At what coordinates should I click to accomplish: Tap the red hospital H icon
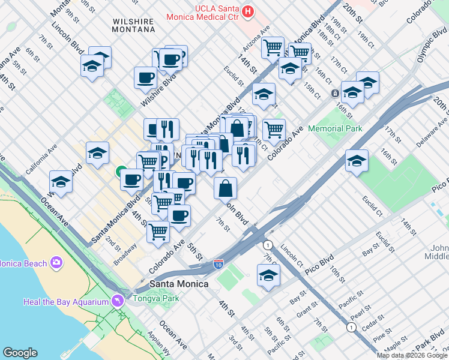pyautogui.click(x=247, y=11)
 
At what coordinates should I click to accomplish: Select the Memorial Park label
pyautogui.click(x=335, y=128)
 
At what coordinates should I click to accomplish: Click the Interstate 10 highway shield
pyautogui.click(x=220, y=264)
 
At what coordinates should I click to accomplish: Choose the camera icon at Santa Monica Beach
pyautogui.click(x=56, y=263)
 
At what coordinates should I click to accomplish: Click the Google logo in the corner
pyautogui.click(x=20, y=353)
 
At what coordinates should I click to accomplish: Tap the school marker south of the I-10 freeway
pyautogui.click(x=268, y=276)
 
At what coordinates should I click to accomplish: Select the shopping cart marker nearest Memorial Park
pyautogui.click(x=274, y=129)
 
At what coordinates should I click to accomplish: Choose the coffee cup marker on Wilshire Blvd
pyautogui.click(x=145, y=77)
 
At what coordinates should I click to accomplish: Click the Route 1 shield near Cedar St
pyautogui.click(x=351, y=327)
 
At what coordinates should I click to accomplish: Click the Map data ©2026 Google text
pyautogui.click(x=412, y=355)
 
